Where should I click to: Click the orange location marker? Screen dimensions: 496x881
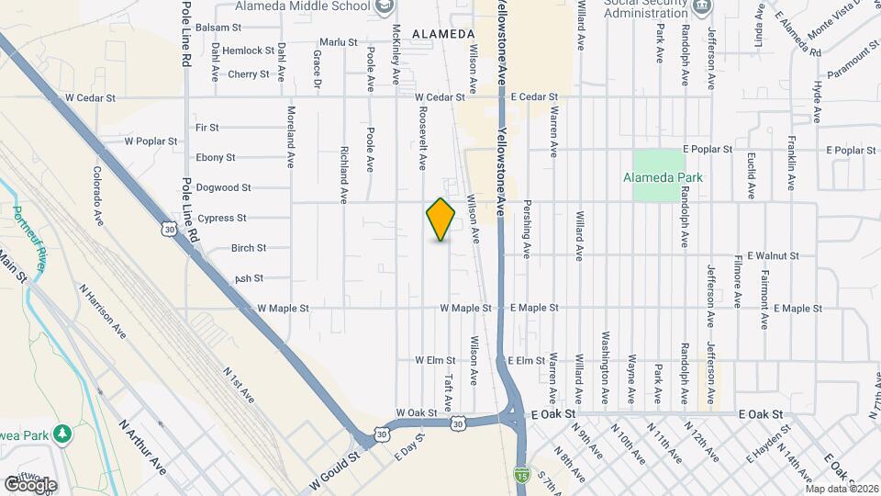click(x=441, y=219)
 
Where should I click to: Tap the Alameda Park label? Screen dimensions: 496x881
click(x=662, y=177)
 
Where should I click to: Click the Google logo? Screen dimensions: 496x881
click(x=29, y=485)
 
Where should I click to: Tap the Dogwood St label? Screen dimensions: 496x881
click(x=223, y=187)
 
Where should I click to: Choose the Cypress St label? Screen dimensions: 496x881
click(x=222, y=218)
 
